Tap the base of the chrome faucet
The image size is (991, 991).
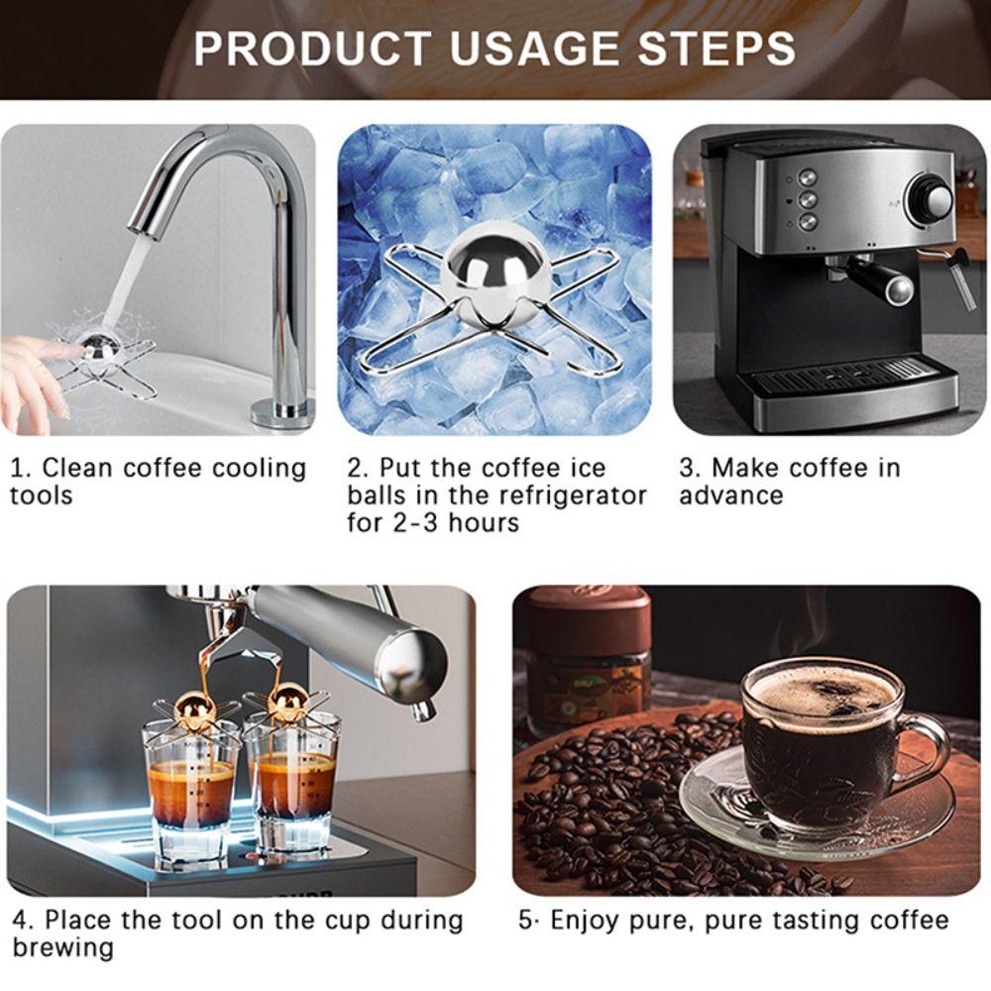tap(282, 411)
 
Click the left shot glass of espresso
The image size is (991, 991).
tap(191, 788)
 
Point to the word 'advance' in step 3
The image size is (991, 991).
tap(730, 495)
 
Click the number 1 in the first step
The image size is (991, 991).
tap(17, 468)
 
